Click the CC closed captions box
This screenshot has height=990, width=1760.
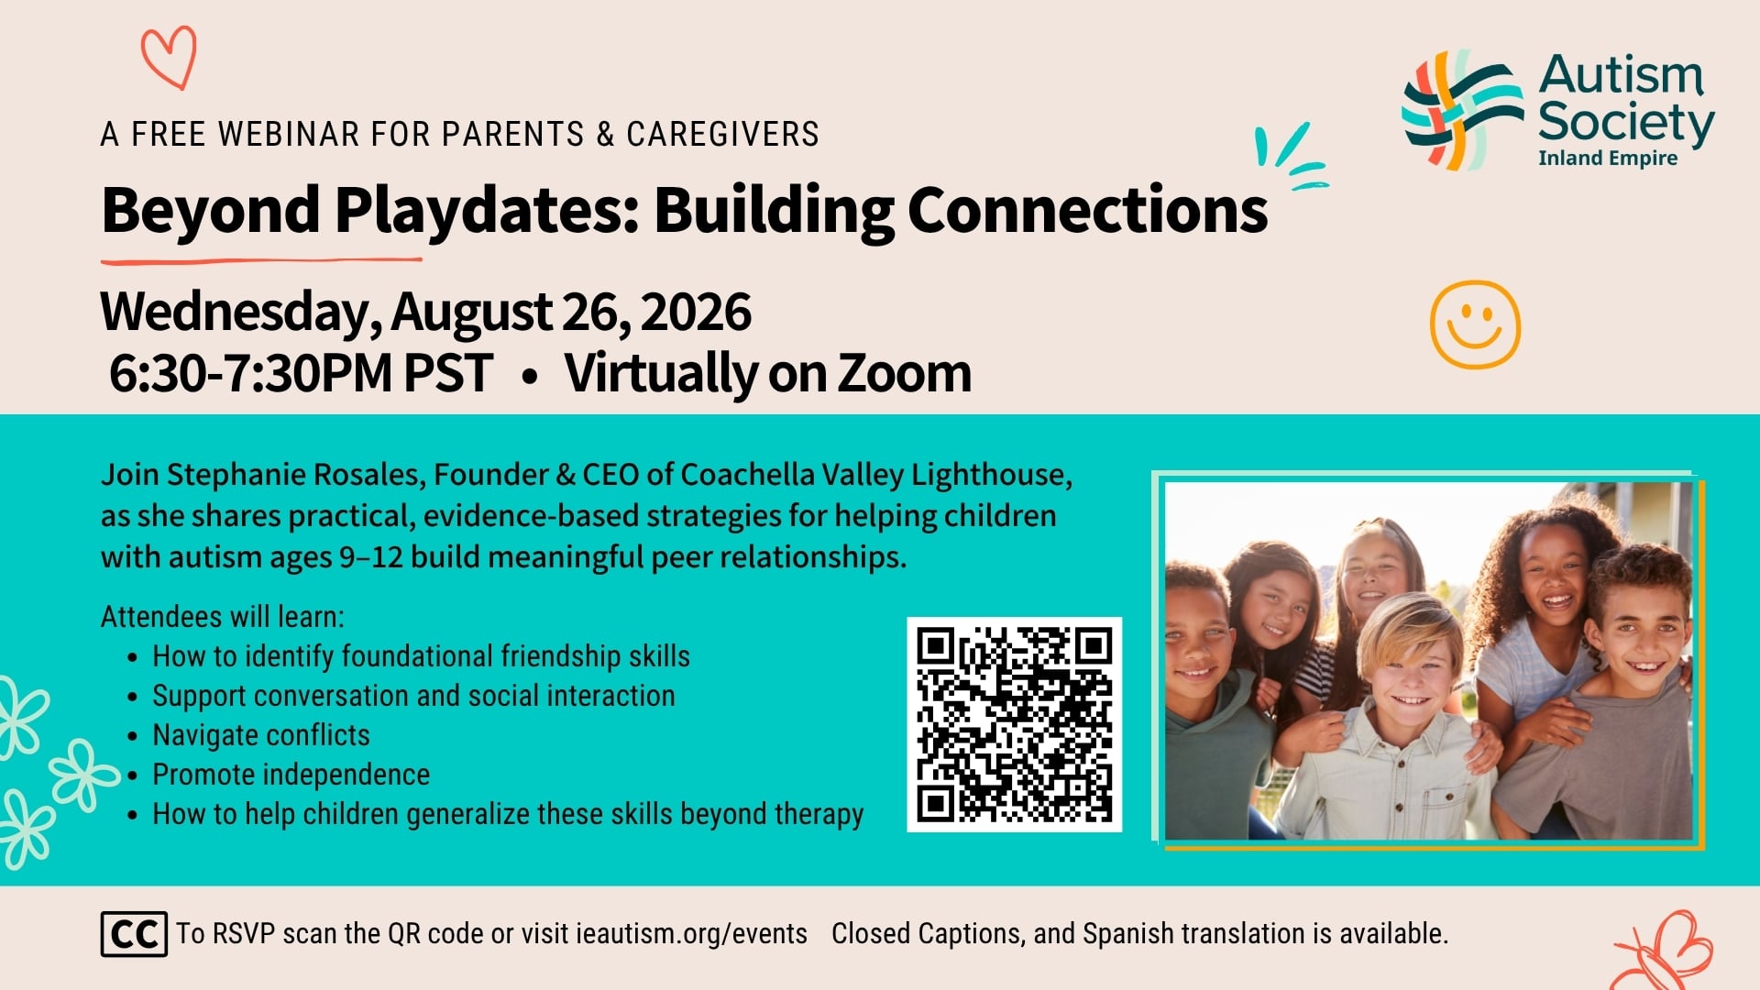(134, 934)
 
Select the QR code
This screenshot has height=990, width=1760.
(1014, 724)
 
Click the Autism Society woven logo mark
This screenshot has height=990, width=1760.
(1461, 110)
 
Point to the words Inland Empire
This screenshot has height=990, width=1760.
(1608, 158)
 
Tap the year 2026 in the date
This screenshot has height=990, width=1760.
(696, 312)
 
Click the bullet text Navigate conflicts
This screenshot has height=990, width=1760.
(261, 735)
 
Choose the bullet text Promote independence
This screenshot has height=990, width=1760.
(291, 775)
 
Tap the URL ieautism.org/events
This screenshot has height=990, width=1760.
(691, 934)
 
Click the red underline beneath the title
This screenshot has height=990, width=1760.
(261, 261)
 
